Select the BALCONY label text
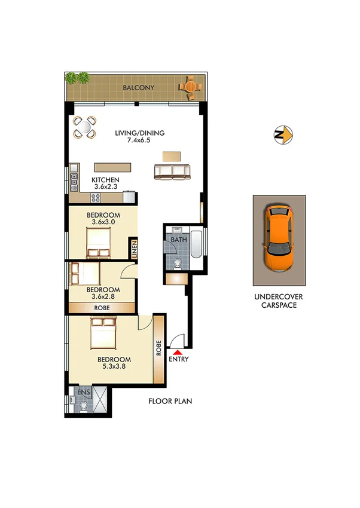click(x=138, y=88)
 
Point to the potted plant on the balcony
click(x=78, y=78)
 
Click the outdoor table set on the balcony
click(x=190, y=87)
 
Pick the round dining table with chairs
click(x=84, y=126)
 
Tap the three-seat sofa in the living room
click(x=173, y=172)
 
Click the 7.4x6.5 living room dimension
click(x=139, y=141)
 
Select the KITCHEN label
click(x=105, y=180)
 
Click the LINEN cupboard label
click(x=135, y=247)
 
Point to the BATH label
click(x=178, y=240)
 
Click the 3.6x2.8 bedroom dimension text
click(x=103, y=295)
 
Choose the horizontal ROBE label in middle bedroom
click(x=101, y=307)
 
